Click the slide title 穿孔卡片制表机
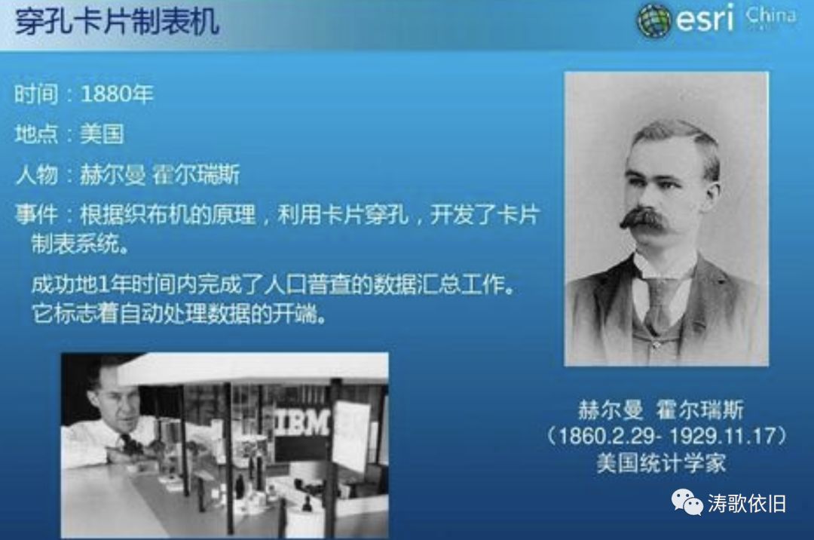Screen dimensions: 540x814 coord(117,23)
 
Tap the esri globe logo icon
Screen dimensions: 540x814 coord(653,20)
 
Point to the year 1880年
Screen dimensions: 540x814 coord(117,94)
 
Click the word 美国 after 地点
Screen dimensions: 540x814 coord(102,134)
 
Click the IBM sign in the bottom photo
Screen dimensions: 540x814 coord(303,422)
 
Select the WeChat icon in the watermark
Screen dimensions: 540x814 coord(687,502)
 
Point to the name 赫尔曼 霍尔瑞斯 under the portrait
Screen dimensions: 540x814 coord(660,410)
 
